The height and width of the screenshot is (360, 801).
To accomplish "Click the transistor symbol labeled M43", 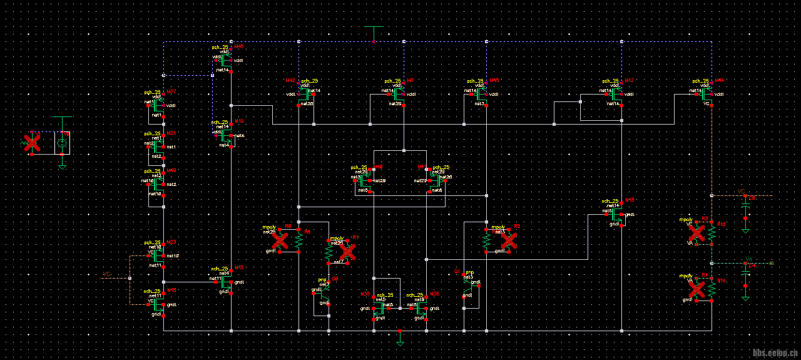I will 227,59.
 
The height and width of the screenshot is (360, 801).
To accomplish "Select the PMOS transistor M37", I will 159,105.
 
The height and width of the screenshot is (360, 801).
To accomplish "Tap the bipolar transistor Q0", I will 324,289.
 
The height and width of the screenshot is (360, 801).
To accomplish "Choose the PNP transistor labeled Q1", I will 469,282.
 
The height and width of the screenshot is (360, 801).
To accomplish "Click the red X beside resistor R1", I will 347,252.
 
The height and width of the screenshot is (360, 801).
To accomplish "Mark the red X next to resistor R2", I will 509,240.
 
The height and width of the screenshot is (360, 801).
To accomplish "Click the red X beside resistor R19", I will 696,289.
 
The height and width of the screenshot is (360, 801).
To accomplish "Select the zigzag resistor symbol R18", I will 712,233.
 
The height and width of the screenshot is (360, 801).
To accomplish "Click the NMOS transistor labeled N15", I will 227,282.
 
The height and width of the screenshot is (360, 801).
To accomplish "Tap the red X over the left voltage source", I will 32,143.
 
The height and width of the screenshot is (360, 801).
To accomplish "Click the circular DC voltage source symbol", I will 62,143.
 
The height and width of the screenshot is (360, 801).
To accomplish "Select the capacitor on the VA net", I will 745,273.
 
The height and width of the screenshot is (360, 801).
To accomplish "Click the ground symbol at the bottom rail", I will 400,342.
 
